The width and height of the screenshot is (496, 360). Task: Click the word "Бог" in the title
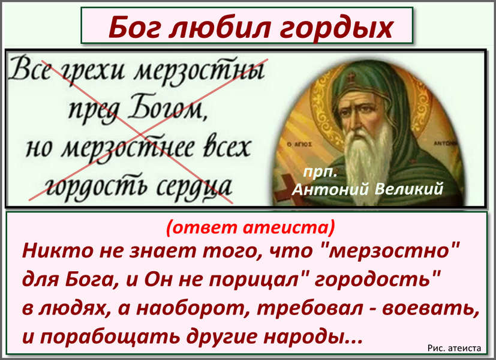click(134, 27)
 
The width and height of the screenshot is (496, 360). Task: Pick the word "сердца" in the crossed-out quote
click(194, 187)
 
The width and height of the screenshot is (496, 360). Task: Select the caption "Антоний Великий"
click(367, 189)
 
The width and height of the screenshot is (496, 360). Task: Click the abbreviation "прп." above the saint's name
click(320, 173)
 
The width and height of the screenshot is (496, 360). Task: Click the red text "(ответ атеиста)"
click(250, 228)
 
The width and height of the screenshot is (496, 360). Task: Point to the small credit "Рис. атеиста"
click(454, 348)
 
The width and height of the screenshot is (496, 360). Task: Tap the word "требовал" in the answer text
click(309, 308)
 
